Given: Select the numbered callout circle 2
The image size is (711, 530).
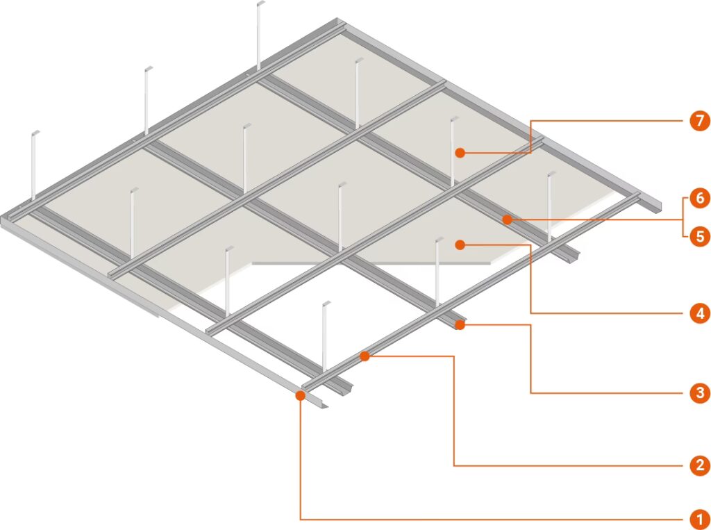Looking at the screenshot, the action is [x=700, y=465].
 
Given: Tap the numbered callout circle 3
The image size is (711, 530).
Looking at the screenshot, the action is [x=700, y=392].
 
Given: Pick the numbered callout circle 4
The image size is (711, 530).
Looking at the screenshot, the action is [x=700, y=313].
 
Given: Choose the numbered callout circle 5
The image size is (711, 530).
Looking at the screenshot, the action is [x=700, y=236].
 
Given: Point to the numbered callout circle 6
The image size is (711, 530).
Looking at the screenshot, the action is [x=700, y=198].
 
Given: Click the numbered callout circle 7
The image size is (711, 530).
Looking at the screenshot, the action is [x=700, y=121].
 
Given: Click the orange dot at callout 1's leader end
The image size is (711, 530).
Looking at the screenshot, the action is [x=300, y=395].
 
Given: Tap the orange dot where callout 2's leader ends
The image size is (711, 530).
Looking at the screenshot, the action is [x=365, y=356].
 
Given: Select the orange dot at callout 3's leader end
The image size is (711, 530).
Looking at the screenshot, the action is [x=460, y=324].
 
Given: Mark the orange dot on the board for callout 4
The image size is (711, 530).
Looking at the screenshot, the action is [x=460, y=245].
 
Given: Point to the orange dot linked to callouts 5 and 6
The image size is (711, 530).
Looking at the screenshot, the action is [x=508, y=220].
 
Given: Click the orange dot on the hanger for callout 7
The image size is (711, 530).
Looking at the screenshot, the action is [x=460, y=153].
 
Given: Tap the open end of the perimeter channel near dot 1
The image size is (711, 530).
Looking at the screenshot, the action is [x=325, y=405].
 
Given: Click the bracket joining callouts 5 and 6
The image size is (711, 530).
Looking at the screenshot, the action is [x=683, y=217].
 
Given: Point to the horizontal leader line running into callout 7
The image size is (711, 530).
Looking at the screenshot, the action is [x=607, y=121].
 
